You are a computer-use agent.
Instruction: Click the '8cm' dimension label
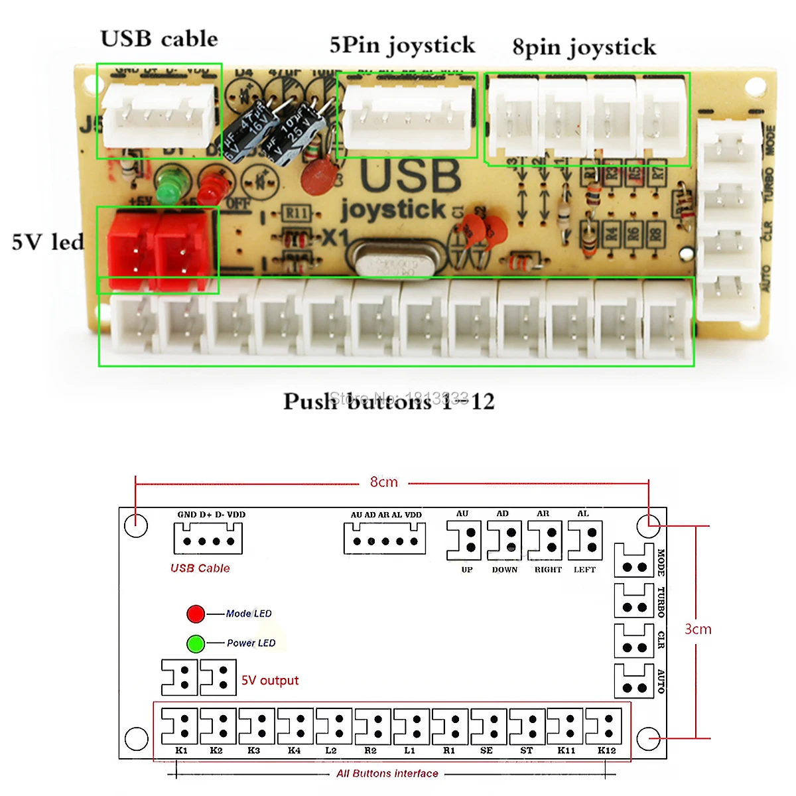[x=384, y=482]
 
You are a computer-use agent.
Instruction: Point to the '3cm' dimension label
[x=698, y=629]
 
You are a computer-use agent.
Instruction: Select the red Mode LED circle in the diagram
[x=196, y=614]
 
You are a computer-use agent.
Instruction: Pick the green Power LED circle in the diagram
[x=196, y=643]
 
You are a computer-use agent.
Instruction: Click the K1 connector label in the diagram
[x=181, y=750]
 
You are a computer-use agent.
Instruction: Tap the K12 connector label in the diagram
[x=606, y=750]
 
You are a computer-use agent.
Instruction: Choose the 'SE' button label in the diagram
[x=486, y=750]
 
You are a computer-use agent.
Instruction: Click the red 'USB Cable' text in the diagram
[x=200, y=568]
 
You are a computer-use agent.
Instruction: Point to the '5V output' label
[x=270, y=681]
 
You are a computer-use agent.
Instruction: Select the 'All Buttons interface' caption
[x=387, y=773]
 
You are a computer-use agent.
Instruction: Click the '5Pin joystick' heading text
[x=402, y=45]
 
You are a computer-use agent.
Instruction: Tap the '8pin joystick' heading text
[x=584, y=47]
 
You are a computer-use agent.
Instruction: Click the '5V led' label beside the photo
[x=48, y=242]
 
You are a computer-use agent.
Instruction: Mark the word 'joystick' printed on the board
[x=393, y=210]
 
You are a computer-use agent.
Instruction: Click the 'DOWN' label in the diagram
[x=505, y=570]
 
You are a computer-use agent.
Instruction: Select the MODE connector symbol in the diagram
[x=633, y=561]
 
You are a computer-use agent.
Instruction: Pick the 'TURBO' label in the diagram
[x=661, y=602]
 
